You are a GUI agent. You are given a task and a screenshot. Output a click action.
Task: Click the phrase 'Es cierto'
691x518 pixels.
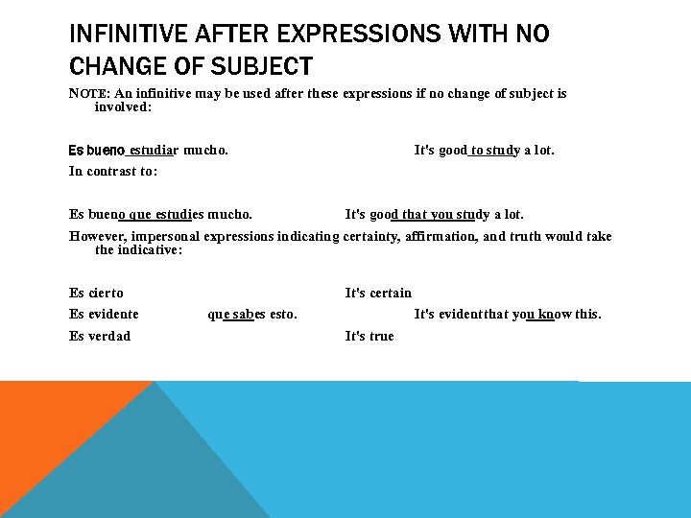coord(97,294)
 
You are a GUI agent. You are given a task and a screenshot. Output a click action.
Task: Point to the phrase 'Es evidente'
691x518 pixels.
coord(105,315)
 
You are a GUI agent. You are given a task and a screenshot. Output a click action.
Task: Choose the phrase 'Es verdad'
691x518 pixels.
coord(100,336)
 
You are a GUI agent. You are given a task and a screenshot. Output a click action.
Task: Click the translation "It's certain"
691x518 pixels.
coord(378,294)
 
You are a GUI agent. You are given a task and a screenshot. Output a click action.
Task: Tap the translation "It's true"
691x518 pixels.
coord(369,336)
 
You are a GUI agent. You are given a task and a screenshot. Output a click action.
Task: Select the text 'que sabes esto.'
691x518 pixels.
coord(252,315)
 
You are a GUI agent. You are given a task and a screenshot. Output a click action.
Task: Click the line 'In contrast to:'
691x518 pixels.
coord(113,172)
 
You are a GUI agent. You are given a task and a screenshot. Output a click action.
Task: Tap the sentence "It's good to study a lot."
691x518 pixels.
coord(484,151)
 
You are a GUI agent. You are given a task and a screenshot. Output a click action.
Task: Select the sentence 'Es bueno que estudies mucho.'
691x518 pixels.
coord(161,215)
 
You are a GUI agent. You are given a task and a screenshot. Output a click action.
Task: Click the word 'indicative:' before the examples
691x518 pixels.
coord(150,250)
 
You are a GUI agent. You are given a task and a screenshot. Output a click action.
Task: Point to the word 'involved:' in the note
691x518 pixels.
coord(123,107)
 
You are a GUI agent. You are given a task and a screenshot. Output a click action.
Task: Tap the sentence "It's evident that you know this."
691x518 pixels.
coord(508,315)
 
